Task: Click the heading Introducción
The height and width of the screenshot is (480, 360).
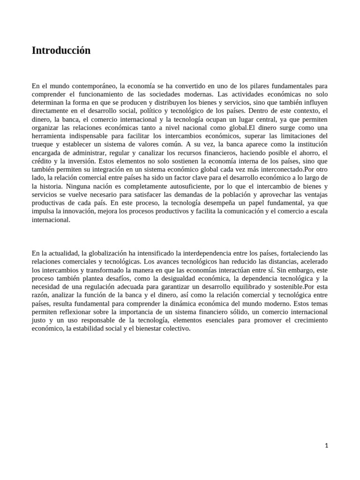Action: [61, 51]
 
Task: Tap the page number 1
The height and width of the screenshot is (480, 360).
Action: [327, 446]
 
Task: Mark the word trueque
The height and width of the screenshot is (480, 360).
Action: [44, 144]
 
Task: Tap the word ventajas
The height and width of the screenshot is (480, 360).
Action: [314, 195]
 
